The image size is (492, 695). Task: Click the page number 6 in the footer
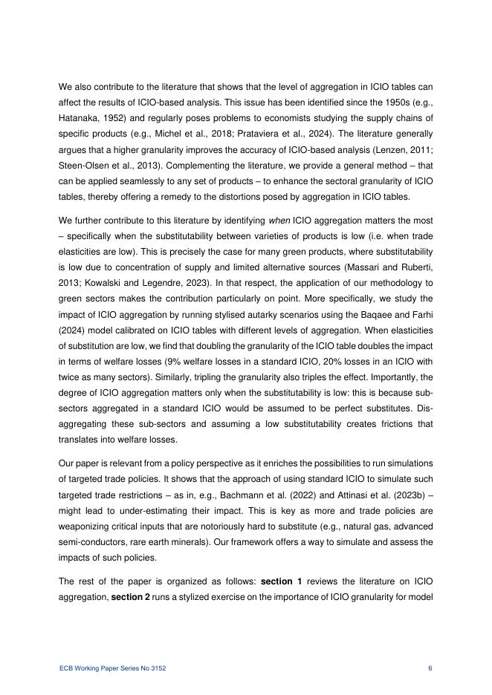coord(430,668)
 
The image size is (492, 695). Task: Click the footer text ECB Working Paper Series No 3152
coord(112,668)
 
